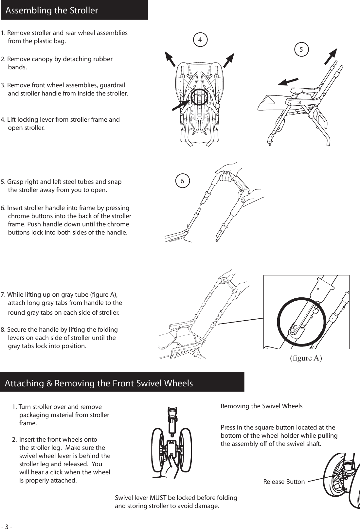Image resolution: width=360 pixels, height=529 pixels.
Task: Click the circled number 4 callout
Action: [x=200, y=39]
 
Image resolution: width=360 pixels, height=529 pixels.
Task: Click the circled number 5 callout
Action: [x=301, y=49]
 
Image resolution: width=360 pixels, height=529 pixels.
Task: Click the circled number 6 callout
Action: [x=182, y=181]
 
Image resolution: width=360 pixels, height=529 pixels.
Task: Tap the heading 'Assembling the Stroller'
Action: [x=52, y=10]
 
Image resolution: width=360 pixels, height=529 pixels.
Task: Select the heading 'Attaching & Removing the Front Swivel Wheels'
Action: [x=99, y=383]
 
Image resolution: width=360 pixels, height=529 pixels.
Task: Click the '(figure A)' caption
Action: [x=306, y=358]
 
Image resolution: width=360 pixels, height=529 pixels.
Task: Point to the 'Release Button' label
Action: [x=284, y=482]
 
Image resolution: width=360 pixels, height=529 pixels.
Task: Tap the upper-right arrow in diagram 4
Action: [x=229, y=60]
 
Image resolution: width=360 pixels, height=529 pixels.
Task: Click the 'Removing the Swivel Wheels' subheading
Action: [x=261, y=406]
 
